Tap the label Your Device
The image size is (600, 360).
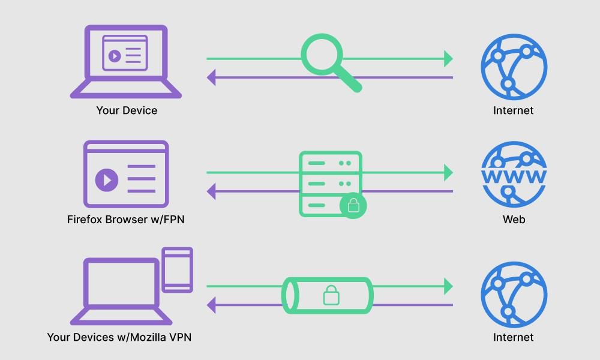(127, 110)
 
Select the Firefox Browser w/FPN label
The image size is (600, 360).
(126, 219)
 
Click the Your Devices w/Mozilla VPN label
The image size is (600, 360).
(119, 337)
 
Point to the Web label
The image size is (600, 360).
(514, 219)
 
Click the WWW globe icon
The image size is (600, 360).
(514, 174)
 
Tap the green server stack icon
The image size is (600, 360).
(330, 183)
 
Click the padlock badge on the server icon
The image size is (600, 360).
(353, 205)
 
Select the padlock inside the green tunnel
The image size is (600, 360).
(330, 295)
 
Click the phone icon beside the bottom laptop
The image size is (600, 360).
(178, 270)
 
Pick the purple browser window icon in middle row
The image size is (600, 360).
(126, 174)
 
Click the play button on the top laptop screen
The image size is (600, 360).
(113, 56)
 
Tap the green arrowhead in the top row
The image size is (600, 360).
(448, 59)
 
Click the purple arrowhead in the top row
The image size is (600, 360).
(212, 77)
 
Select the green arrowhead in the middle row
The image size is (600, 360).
(448, 173)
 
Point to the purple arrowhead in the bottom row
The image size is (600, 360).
(212, 305)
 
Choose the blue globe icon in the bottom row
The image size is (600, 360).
(514, 294)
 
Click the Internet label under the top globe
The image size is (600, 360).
(514, 110)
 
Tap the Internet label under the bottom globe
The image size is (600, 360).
(514, 337)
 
